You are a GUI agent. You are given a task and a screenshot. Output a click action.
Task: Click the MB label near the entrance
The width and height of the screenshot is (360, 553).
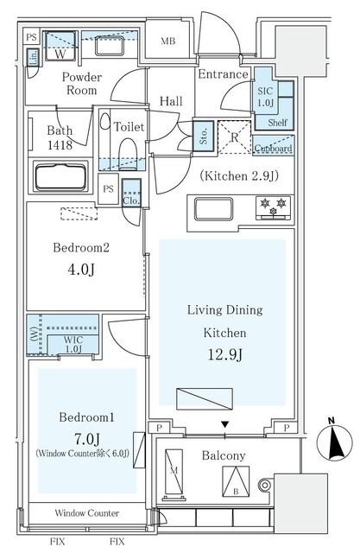click(169, 40)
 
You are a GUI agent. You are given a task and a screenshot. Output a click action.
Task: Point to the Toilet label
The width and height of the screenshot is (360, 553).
click(129, 127)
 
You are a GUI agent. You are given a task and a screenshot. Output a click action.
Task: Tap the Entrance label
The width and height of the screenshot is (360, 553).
click(224, 75)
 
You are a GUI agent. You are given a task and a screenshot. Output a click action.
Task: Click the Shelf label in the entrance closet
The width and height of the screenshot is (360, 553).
click(277, 123)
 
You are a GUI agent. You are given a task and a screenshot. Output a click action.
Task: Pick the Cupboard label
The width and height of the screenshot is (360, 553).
click(273, 148)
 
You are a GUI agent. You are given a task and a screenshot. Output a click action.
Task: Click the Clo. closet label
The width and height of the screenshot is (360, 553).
click(131, 200)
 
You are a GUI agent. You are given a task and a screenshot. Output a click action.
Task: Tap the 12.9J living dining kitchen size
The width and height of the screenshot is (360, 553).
click(222, 353)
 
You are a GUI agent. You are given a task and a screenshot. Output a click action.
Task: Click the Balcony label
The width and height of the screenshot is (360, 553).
click(224, 455)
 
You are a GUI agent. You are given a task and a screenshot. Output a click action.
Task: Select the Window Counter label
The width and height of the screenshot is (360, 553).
click(88, 513)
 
